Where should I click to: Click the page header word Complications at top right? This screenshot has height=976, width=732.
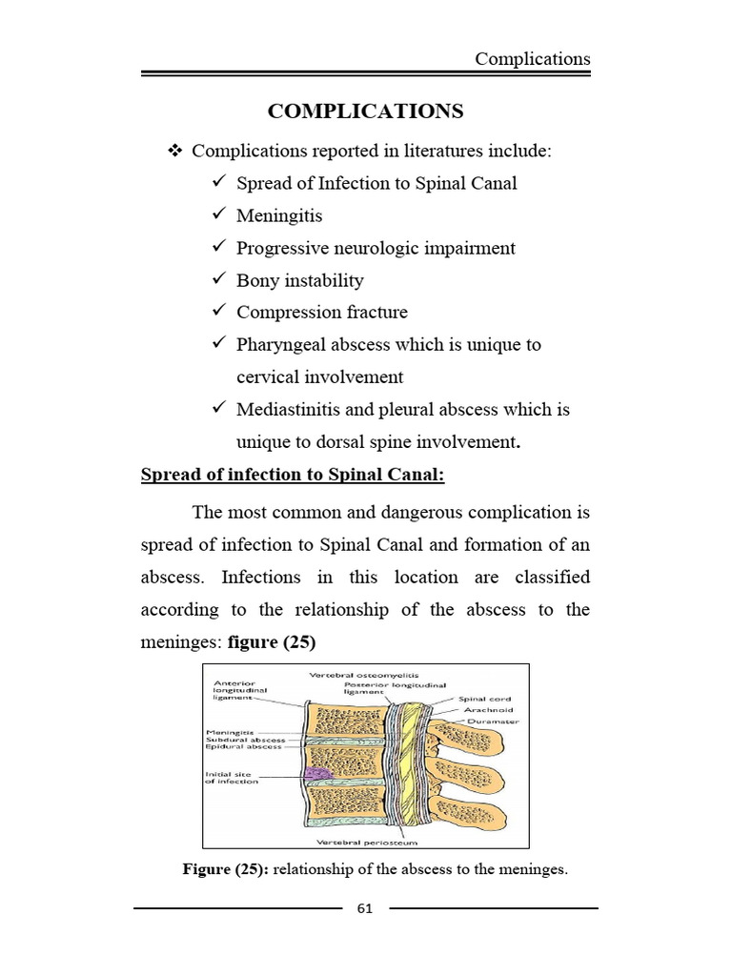pyautogui.click(x=533, y=59)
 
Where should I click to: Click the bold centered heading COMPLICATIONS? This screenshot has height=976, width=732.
pyautogui.click(x=365, y=112)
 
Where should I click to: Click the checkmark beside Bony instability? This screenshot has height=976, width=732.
pyautogui.click(x=218, y=280)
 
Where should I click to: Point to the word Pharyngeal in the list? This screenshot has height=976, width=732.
pyautogui.click(x=280, y=344)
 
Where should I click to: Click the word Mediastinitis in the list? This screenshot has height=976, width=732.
pyautogui.click(x=290, y=409)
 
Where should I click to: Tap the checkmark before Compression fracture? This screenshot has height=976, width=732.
pyautogui.click(x=218, y=312)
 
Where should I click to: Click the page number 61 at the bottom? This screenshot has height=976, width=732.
pyautogui.click(x=365, y=908)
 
